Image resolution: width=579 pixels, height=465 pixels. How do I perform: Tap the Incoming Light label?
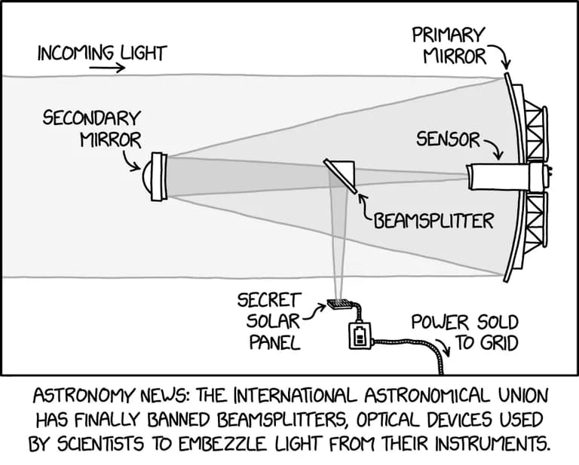(x=102, y=53)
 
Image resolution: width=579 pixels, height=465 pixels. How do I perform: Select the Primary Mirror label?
(x=448, y=45)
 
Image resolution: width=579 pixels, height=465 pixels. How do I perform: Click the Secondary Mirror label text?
(x=91, y=129)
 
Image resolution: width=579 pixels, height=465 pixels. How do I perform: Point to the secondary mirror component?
(x=158, y=176)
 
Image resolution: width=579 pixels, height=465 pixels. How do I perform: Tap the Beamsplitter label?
(x=433, y=221)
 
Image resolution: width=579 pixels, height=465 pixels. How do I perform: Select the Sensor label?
(x=448, y=139)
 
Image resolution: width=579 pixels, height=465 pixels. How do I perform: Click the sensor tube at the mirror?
(x=498, y=177)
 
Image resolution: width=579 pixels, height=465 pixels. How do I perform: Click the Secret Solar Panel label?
(x=269, y=322)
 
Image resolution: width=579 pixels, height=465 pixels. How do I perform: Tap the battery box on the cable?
(x=360, y=335)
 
